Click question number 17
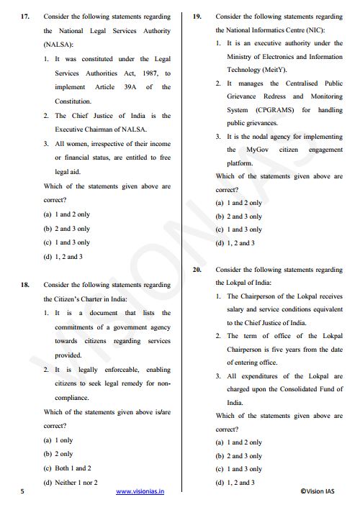pyautogui.click(x=26, y=16)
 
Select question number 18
pyautogui.click(x=26, y=284)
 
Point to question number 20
pyautogui.click(x=197, y=269)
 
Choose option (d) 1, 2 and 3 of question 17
pyautogui.click(x=63, y=256)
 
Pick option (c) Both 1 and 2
pyautogui.click(x=68, y=468)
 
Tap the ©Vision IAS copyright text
pyautogui.click(x=322, y=492)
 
